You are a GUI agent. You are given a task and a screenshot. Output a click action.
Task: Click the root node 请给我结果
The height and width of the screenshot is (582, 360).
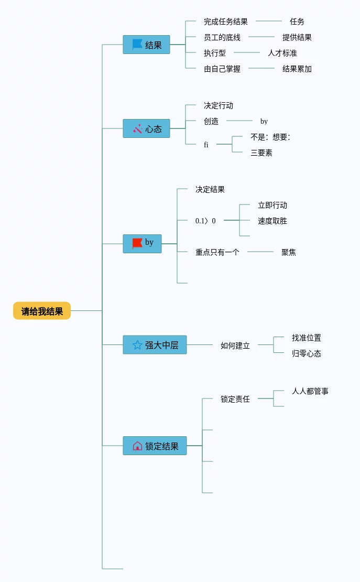click(42, 311)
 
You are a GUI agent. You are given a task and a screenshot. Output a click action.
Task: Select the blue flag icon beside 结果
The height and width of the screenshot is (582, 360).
click(137, 45)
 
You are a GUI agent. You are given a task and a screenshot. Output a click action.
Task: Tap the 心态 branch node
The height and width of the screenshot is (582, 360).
click(147, 128)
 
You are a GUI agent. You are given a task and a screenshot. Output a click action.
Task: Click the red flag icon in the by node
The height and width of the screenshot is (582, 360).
click(137, 243)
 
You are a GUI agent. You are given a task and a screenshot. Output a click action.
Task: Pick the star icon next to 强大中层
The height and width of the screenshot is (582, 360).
click(137, 344)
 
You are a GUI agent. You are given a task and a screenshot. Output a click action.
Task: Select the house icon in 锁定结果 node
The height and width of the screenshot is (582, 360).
click(137, 446)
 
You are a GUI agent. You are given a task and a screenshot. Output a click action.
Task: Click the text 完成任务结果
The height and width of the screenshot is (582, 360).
click(226, 21)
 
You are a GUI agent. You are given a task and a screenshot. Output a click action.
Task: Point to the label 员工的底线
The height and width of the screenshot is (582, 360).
click(222, 37)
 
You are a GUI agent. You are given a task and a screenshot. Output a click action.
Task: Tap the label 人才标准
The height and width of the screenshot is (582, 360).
click(282, 53)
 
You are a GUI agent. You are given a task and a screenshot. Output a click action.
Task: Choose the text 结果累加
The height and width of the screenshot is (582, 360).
click(297, 69)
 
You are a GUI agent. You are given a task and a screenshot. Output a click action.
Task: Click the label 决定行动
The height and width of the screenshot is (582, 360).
click(219, 105)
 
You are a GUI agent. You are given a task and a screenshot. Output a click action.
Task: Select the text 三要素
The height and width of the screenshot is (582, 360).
click(261, 153)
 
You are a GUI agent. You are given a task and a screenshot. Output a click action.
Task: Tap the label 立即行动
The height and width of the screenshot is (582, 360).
click(272, 205)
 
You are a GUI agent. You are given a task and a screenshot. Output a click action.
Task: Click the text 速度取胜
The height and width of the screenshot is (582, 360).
click(272, 221)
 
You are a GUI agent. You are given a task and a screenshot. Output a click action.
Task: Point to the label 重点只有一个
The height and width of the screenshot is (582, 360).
click(217, 252)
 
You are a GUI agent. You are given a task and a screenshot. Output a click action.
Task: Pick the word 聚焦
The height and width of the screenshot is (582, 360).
click(289, 252)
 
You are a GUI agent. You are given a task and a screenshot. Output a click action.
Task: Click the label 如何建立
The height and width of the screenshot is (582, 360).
click(235, 346)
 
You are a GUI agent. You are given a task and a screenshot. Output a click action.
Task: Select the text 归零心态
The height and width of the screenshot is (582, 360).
click(307, 353)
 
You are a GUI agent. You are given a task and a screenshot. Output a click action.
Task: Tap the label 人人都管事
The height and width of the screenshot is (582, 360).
click(310, 391)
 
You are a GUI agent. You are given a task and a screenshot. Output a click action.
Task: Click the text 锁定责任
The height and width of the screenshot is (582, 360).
click(235, 399)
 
